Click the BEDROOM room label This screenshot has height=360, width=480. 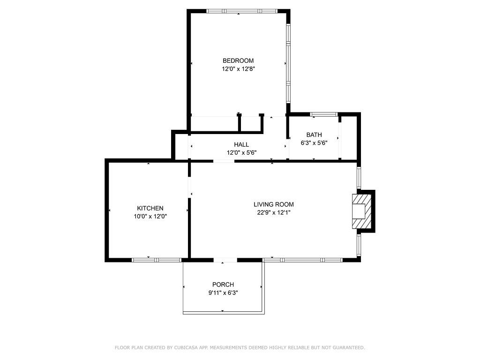[x=238, y=60]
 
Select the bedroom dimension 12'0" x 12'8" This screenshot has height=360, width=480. [x=238, y=69]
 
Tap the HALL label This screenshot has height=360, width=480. [x=241, y=144]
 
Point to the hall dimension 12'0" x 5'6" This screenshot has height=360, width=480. [x=241, y=152]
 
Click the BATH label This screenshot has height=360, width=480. [x=314, y=135]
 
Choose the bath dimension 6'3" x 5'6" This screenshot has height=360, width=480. [x=314, y=143]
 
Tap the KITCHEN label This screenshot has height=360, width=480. [x=150, y=208]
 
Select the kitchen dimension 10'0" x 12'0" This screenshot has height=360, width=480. [x=150, y=217]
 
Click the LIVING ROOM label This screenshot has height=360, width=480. [x=274, y=204]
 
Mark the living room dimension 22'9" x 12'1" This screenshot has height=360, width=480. [x=274, y=212]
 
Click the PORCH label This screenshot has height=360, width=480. [x=223, y=285]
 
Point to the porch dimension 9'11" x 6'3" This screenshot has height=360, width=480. [x=223, y=293]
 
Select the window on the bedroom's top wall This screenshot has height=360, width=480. [x=241, y=11]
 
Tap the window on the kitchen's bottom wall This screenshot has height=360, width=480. [x=156, y=260]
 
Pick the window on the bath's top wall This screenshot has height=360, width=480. [x=324, y=114]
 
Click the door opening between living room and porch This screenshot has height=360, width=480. [x=225, y=260]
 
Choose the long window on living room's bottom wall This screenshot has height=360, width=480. [x=303, y=260]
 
